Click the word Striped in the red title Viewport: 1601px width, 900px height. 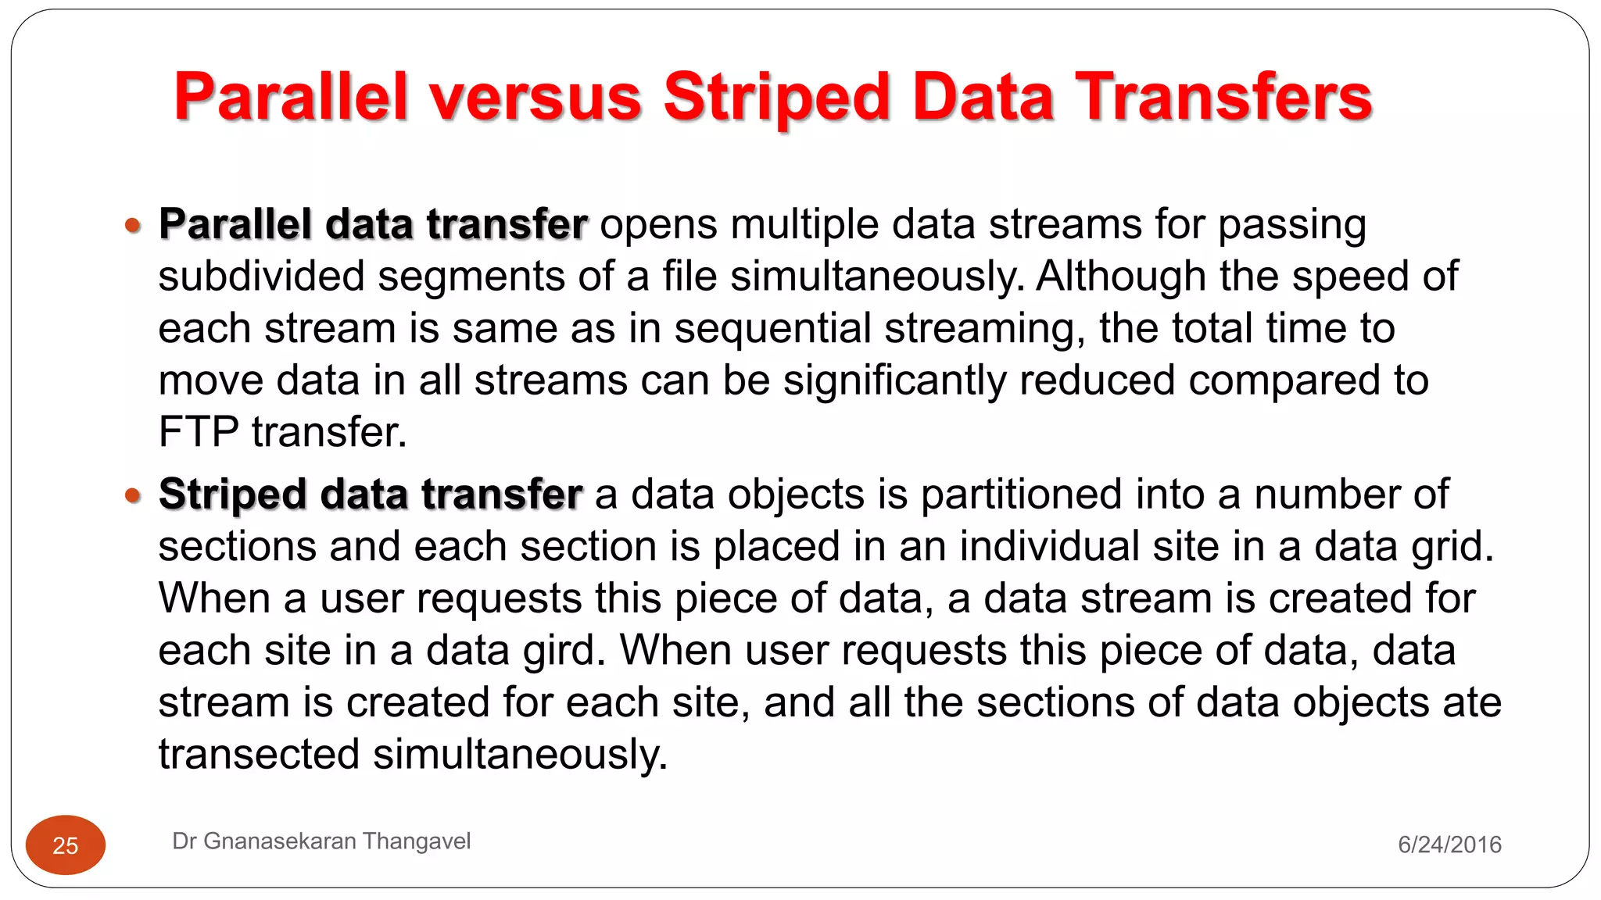tap(777, 97)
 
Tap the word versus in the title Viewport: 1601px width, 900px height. tap(535, 97)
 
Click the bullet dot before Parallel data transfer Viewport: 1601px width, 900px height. tap(133, 226)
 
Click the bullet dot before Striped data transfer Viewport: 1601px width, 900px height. tap(133, 495)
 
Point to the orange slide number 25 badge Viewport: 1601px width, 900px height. tap(66, 845)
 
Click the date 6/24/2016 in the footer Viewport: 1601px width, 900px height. tap(1449, 845)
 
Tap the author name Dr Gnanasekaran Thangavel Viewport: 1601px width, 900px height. tap(321, 841)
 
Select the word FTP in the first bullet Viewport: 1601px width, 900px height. tap(198, 432)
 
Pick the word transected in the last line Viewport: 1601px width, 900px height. tap(259, 755)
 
